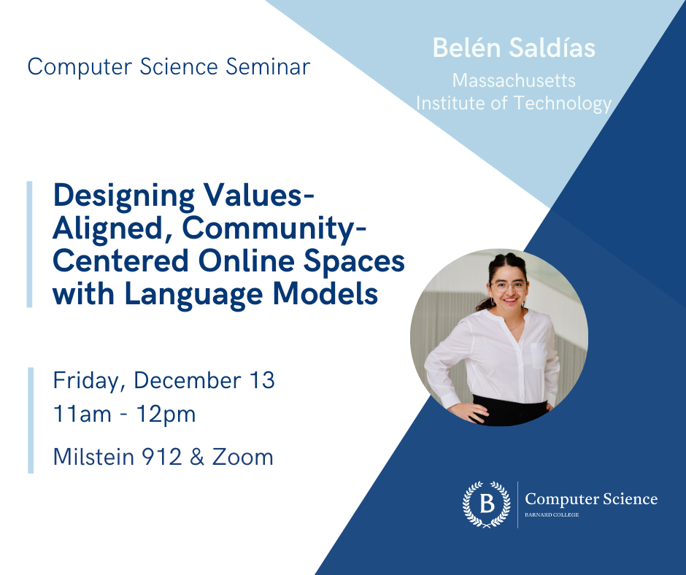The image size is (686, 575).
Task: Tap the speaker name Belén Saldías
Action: [514, 48]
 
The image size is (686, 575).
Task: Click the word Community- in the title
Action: [274, 229]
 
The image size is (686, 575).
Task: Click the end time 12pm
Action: [169, 414]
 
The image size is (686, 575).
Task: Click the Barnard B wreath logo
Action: [486, 504]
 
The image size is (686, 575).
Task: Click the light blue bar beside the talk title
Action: [30, 244]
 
